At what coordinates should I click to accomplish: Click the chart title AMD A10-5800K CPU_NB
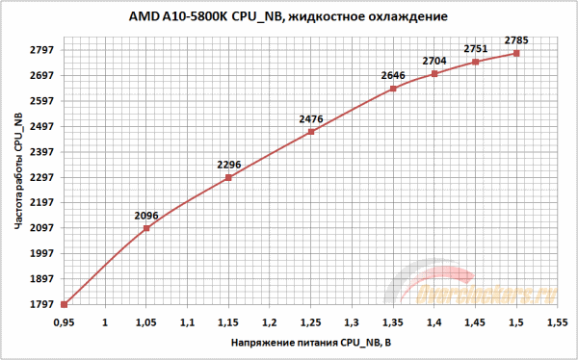[288, 17]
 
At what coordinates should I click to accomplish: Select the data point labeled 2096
[146, 228]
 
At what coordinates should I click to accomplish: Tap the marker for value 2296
[228, 178]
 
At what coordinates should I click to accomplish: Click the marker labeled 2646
[393, 89]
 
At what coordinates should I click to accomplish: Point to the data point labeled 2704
[434, 73]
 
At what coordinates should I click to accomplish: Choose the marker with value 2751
[476, 62]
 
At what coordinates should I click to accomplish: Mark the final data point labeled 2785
[517, 53]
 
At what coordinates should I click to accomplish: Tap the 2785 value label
[517, 40]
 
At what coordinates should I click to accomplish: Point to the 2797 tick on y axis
[41, 50]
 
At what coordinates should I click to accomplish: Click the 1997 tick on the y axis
[41, 254]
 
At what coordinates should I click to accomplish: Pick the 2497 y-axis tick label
[41, 126]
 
